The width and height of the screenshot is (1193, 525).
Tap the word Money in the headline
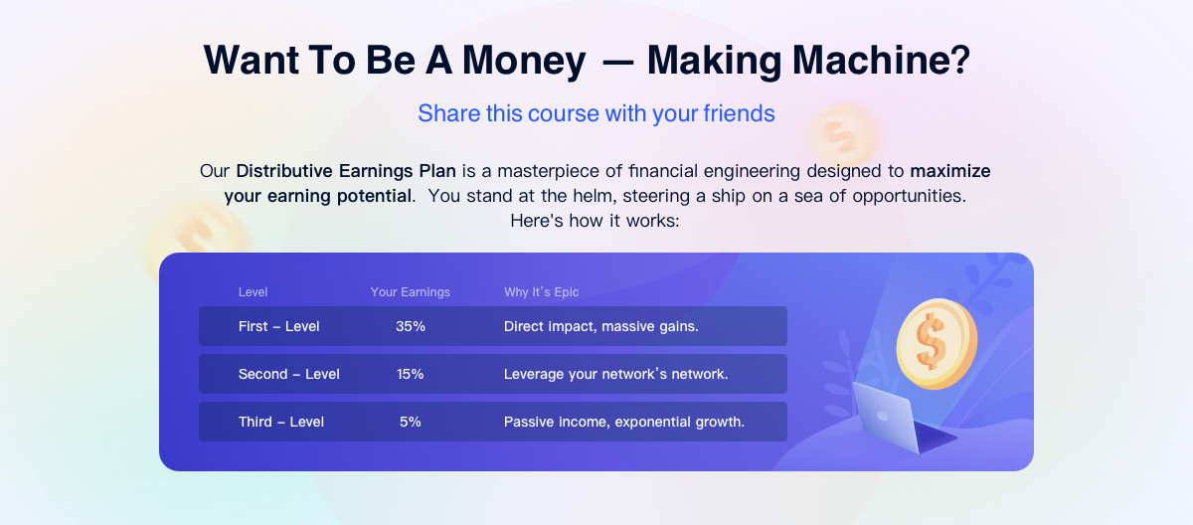point(524,62)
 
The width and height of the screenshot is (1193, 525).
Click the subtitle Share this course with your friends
point(596,113)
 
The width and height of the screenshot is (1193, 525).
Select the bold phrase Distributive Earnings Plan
point(346,171)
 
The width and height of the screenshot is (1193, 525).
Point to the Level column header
point(253,291)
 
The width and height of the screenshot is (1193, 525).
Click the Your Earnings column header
point(410,291)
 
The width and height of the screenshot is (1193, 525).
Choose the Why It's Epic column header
point(541,291)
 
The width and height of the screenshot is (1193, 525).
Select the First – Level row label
point(278,326)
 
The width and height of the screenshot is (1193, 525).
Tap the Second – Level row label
point(288,374)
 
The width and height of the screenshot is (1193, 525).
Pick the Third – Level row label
point(280,422)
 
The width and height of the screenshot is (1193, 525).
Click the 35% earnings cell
point(410,326)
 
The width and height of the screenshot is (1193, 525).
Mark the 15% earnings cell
point(410,374)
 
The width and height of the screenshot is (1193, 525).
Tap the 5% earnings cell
point(410,422)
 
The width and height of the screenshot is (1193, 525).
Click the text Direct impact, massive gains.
point(600,326)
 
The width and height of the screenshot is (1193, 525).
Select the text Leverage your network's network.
point(615,374)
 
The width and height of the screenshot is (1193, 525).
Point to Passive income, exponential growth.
point(623,422)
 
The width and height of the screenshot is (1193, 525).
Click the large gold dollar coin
point(937,343)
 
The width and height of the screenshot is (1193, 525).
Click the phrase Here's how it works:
point(595,221)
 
